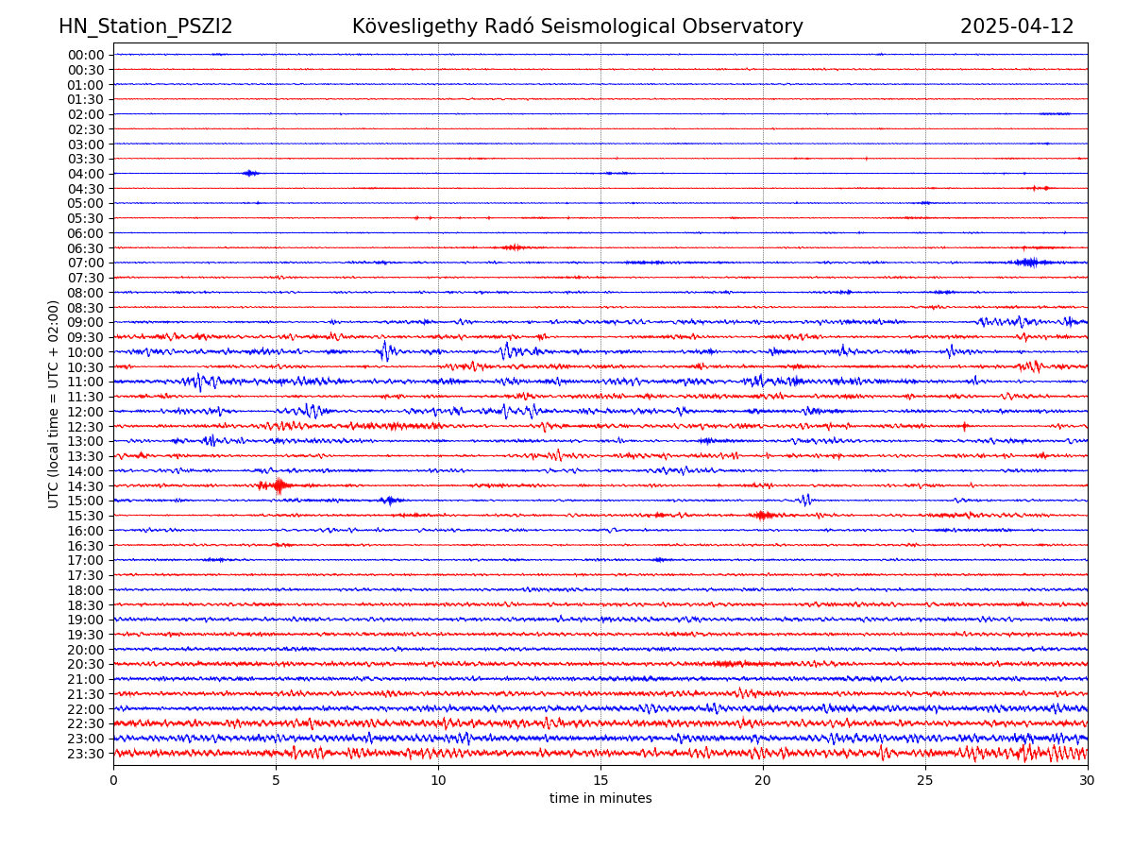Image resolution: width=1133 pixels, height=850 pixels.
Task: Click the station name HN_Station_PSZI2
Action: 145,27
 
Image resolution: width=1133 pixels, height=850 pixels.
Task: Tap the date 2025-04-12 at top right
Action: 1017,27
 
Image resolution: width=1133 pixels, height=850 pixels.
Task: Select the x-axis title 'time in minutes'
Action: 600,799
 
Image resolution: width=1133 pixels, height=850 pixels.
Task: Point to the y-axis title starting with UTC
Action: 54,404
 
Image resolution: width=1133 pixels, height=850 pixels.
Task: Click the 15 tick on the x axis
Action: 600,781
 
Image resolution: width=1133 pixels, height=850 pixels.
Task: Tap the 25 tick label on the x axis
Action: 925,781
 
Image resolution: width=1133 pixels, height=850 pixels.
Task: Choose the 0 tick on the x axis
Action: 113,781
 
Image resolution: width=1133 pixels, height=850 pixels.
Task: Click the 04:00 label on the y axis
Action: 86,174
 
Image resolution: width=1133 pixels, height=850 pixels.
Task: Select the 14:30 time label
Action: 86,486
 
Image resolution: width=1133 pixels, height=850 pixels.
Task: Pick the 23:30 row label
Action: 86,754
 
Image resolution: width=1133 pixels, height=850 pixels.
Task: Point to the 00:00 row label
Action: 86,55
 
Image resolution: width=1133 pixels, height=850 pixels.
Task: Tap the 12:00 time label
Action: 86,412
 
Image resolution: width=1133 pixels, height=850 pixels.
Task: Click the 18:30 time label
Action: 86,605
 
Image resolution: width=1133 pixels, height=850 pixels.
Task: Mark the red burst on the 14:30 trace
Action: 278,485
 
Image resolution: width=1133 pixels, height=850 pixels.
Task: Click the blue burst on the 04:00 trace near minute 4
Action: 249,173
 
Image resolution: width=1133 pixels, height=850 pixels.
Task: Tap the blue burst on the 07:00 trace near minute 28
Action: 1026,262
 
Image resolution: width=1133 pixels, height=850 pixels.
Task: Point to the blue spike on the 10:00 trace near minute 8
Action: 385,351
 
